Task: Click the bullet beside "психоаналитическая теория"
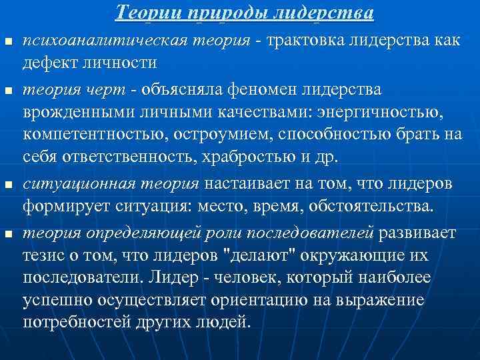7,42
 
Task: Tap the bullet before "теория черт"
7,90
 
